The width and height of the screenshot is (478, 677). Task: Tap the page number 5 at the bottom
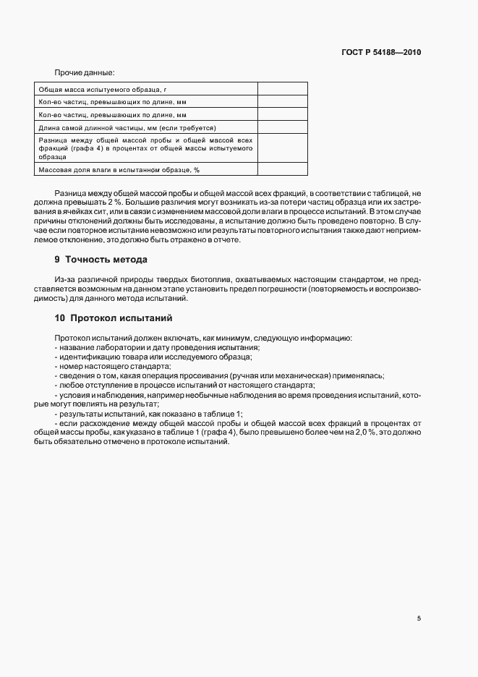click(x=419, y=618)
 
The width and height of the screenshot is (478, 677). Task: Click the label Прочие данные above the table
click(x=84, y=73)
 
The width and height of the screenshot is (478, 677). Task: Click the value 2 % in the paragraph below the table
click(x=109, y=203)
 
